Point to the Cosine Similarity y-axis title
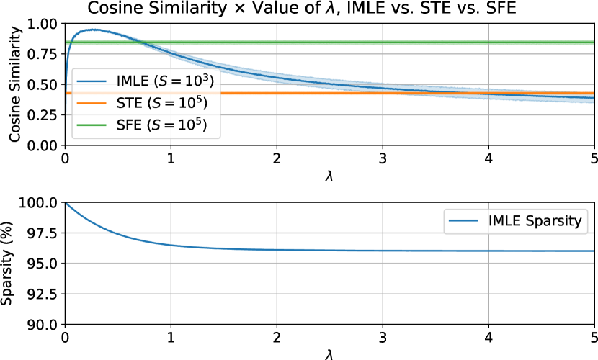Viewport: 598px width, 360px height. click(x=14, y=84)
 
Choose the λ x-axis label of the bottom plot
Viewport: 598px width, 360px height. click(x=329, y=353)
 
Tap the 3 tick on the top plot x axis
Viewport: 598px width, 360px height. click(x=383, y=158)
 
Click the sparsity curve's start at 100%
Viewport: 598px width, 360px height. click(x=66, y=202)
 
